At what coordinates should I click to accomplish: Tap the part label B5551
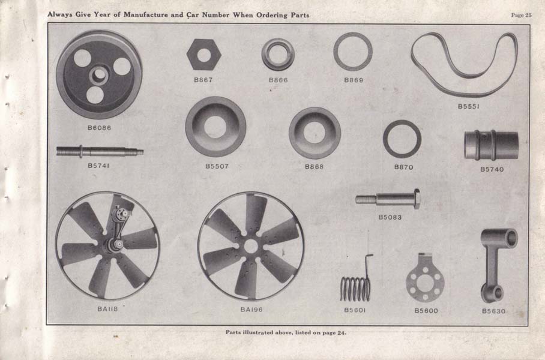[x=468, y=106]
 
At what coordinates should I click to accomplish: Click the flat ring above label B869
[x=336, y=52]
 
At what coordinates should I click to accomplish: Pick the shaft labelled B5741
[x=100, y=152]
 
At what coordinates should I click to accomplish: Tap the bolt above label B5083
[x=388, y=199]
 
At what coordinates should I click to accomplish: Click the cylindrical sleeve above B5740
[x=491, y=145]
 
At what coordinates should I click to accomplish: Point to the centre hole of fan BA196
[x=251, y=247]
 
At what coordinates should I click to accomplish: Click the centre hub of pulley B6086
[x=98, y=75]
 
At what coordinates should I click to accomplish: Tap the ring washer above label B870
[x=385, y=139]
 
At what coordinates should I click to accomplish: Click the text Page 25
[x=521, y=15]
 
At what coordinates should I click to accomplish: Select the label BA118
[x=107, y=308]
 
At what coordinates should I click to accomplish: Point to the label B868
[x=314, y=167]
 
